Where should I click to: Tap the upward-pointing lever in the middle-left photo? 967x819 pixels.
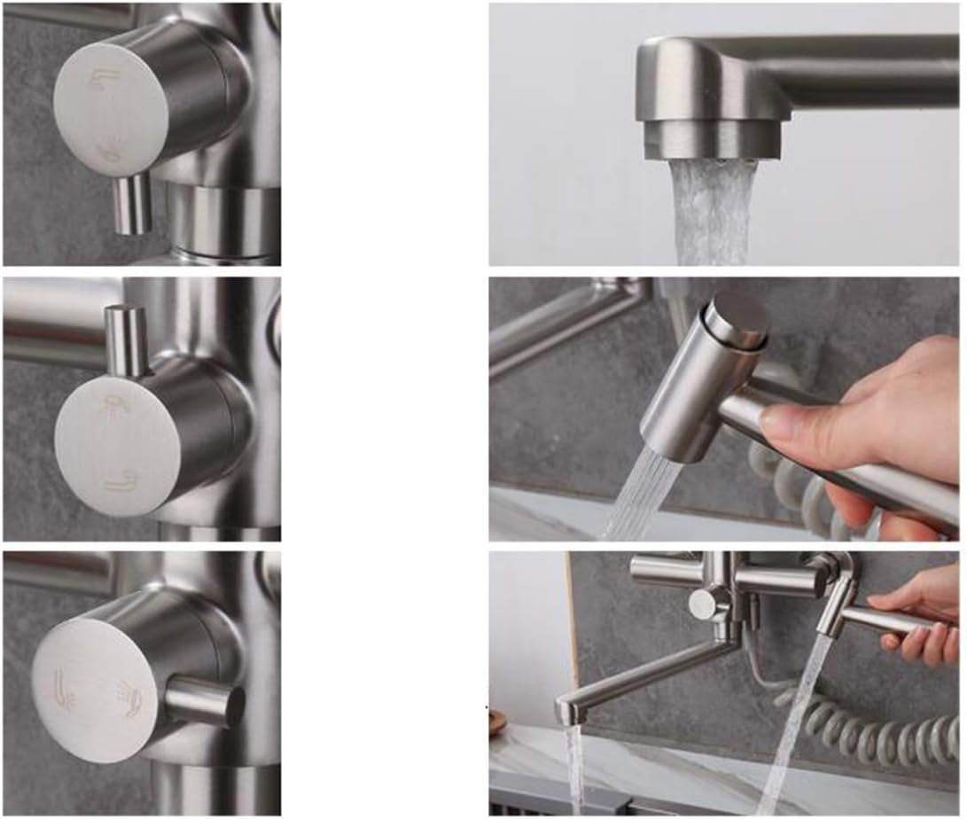click(x=126, y=340)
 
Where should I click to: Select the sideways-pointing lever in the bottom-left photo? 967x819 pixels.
click(x=206, y=700)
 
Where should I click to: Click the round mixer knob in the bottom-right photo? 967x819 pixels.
click(x=704, y=604)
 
